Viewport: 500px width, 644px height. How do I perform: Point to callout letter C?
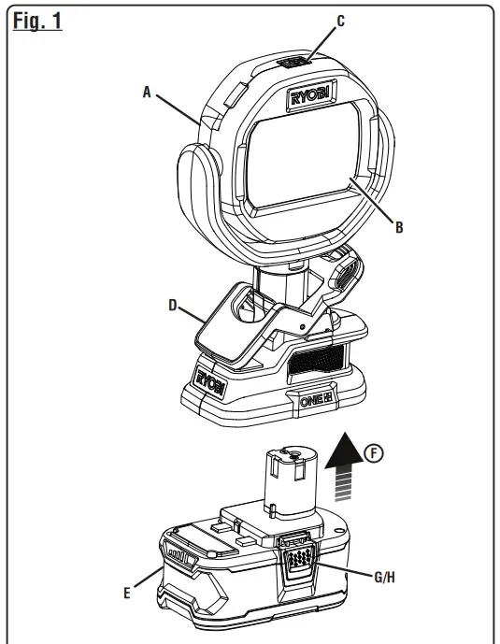point(340,21)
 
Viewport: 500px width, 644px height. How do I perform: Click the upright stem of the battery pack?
point(286,482)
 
